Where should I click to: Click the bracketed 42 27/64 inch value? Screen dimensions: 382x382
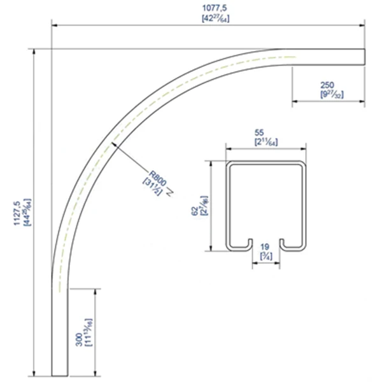click(207, 18)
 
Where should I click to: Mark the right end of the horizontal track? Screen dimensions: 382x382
click(364, 56)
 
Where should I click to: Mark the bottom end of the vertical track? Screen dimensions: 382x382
click(59, 376)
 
